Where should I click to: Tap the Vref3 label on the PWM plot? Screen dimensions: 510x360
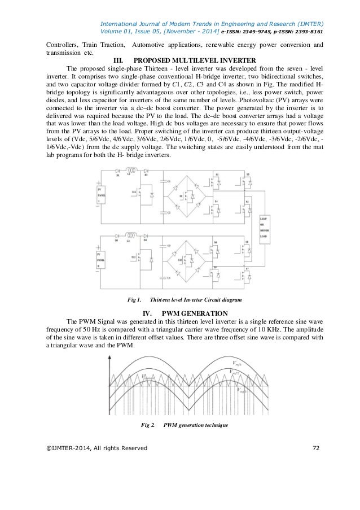(x=242, y=390)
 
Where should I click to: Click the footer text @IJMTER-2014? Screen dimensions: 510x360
(x=67, y=448)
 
